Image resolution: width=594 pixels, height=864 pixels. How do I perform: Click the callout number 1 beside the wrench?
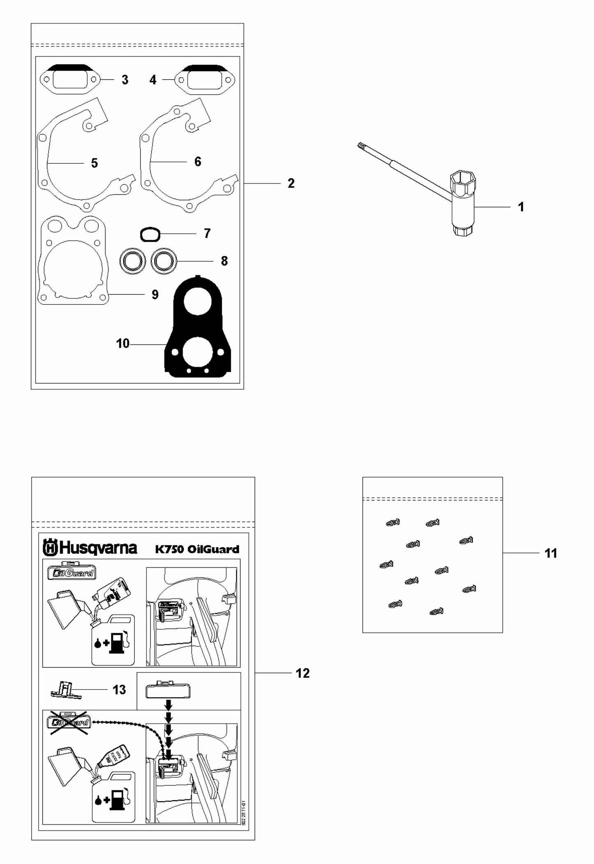click(x=521, y=207)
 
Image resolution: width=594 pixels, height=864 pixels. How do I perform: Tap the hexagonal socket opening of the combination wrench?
click(x=462, y=181)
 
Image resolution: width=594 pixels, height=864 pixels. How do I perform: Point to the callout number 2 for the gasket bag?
click(x=291, y=183)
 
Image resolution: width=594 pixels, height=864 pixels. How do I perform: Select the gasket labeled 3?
click(x=70, y=79)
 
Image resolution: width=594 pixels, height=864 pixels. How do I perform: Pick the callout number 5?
click(x=94, y=163)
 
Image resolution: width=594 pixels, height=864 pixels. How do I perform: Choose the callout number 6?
click(x=198, y=161)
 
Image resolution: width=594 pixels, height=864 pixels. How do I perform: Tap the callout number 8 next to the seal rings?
click(x=224, y=261)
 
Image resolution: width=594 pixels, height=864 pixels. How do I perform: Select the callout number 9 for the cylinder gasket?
click(x=155, y=295)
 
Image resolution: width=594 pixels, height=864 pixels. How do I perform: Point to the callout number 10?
click(x=122, y=344)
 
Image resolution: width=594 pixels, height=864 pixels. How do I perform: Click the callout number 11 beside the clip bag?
click(x=550, y=553)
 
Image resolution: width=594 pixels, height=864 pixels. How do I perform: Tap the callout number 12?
click(x=303, y=674)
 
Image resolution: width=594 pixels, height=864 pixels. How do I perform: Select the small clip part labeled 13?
click(x=65, y=689)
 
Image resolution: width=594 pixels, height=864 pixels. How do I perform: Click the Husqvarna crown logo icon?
click(x=50, y=548)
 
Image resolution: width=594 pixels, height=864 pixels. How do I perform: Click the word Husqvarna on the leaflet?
click(x=99, y=548)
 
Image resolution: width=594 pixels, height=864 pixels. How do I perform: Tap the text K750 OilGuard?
click(x=197, y=549)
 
